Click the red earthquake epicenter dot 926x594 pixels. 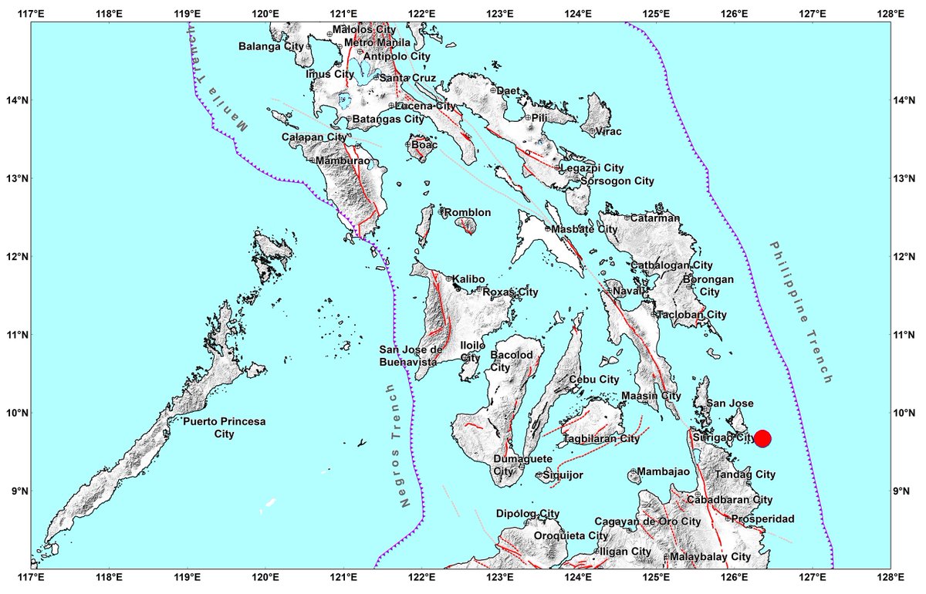point(762,438)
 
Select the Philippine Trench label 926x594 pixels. point(800,312)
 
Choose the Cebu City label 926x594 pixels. point(593,380)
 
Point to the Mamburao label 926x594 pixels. point(340,160)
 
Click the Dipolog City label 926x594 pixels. point(529,514)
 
